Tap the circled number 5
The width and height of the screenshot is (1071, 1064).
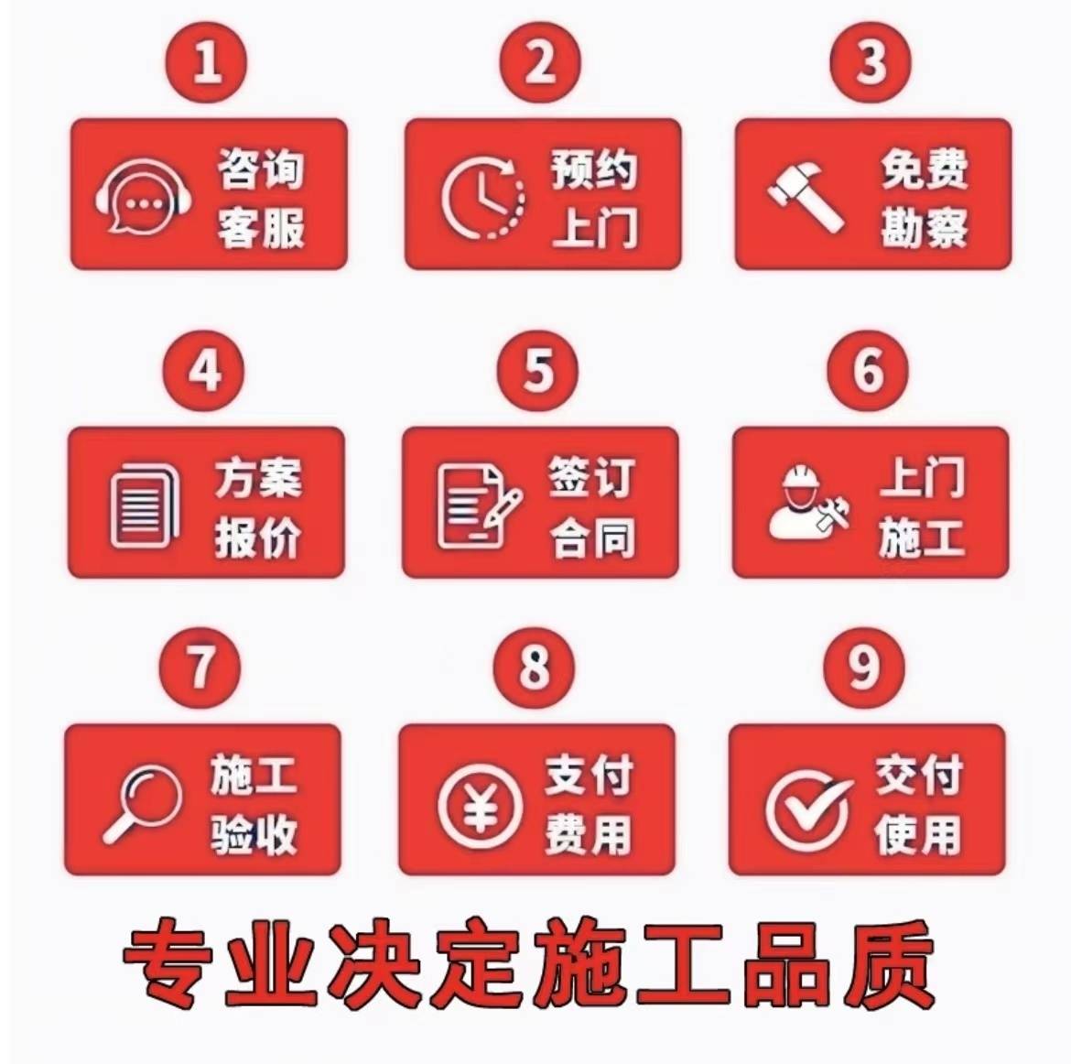coord(537,371)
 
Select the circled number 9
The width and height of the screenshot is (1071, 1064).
coord(864,668)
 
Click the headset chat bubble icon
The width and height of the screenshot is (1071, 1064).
coord(143,196)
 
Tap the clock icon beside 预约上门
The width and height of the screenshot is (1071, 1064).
coord(483,198)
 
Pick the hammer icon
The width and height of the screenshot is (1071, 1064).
coord(806,196)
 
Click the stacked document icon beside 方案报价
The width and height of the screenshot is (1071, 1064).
coord(144,505)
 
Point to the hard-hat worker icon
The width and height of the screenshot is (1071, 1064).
coord(808,503)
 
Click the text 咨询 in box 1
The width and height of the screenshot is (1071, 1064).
coord(261,168)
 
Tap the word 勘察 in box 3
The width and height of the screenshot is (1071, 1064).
coord(925,228)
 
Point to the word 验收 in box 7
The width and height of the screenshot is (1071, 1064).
coord(254,834)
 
